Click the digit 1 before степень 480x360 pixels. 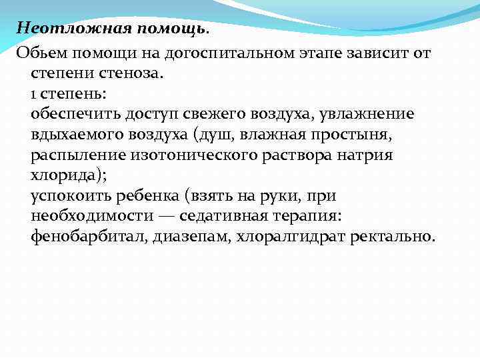pos(33,93)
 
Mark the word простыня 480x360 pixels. pos(387,134)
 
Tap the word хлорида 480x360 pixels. pos(61,175)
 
